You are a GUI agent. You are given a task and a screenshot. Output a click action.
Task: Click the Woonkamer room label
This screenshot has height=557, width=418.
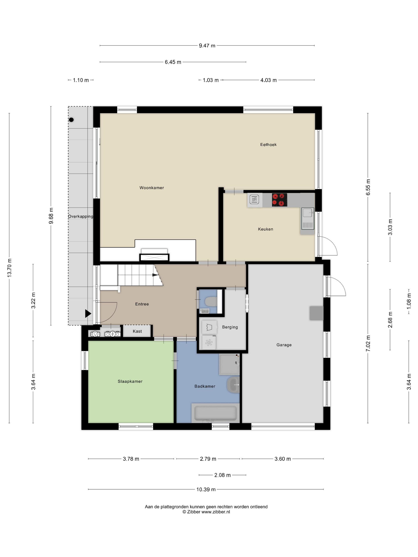pyautogui.click(x=152, y=188)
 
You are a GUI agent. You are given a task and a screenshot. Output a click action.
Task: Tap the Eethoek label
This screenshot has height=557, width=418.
pyautogui.click(x=268, y=145)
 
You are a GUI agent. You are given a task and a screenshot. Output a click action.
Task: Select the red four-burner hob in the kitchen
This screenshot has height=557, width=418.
pyautogui.click(x=279, y=200)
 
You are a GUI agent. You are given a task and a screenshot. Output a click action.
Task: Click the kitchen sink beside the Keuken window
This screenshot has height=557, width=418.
pyautogui.click(x=308, y=219)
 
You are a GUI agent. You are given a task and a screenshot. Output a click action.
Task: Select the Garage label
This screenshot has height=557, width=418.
pyautogui.click(x=284, y=345)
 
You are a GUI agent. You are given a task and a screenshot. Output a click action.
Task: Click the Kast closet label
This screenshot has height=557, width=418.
pyautogui.click(x=137, y=331)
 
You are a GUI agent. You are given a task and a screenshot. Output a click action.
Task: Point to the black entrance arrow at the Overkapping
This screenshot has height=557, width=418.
pyautogui.click(x=88, y=314)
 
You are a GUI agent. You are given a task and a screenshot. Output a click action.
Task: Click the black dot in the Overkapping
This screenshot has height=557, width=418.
pyautogui.click(x=71, y=120)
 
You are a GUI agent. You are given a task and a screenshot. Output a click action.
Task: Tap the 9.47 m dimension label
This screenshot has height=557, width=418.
pyautogui.click(x=207, y=46)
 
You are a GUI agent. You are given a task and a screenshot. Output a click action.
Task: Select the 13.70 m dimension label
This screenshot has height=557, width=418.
pyautogui.click(x=9, y=268)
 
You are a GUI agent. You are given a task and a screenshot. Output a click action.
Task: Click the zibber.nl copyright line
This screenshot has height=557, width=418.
pyautogui.click(x=206, y=512)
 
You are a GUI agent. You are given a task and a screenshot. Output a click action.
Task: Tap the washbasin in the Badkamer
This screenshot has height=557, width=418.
pyautogui.click(x=233, y=385)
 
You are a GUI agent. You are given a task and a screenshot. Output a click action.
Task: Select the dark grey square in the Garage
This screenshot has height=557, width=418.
pyautogui.click(x=316, y=313)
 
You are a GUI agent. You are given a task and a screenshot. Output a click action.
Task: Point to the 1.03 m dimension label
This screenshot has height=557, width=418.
pyautogui.click(x=211, y=80)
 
